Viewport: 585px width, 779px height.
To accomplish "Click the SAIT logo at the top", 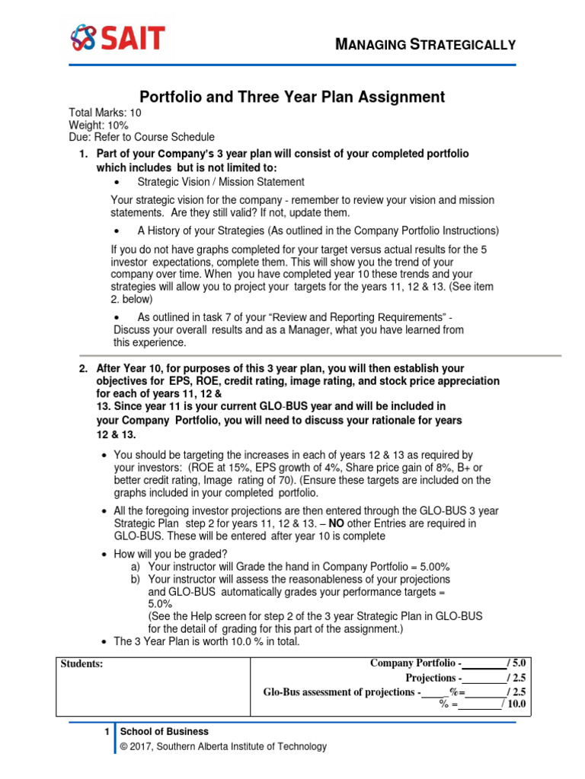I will point(117,37).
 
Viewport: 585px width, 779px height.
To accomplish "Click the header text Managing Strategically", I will point(426,44).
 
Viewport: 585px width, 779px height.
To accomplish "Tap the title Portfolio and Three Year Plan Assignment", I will point(292,97).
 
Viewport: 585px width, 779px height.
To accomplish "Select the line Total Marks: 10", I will point(105,113).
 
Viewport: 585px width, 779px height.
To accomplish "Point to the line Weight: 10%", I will point(99,125).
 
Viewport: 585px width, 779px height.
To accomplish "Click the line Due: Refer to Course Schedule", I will point(142,137).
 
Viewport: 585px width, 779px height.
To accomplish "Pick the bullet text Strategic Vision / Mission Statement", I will point(221,182).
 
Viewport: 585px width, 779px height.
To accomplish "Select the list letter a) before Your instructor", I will point(136,566).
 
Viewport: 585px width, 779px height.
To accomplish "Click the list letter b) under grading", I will point(136,579).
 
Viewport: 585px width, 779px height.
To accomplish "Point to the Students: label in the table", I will point(82,664).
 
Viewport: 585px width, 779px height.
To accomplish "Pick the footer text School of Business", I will point(165,732).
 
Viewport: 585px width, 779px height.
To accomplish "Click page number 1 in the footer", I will point(107,732).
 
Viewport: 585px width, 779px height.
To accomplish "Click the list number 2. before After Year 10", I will point(84,368).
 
